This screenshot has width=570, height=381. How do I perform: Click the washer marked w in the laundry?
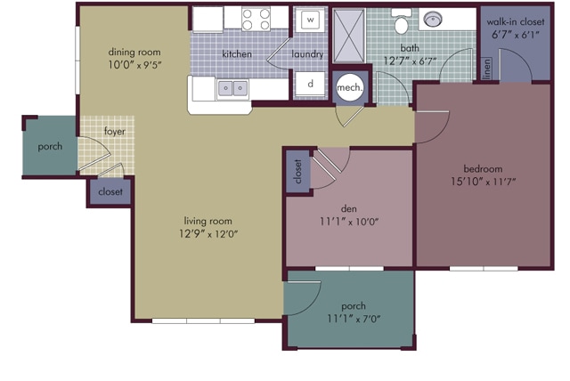tap(310, 20)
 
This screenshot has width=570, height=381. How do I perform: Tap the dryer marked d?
tap(310, 84)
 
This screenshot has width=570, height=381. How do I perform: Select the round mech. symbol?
tap(350, 87)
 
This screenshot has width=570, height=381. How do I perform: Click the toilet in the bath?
tap(401, 21)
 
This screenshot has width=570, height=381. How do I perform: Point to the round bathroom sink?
tap(433, 19)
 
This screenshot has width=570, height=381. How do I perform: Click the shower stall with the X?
tap(348, 36)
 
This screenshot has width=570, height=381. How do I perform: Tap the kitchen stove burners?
tap(256, 20)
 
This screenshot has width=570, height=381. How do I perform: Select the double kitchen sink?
tap(232, 88)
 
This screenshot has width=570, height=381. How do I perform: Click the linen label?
tap(487, 69)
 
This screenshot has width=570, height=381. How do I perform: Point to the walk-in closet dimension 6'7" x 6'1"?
tap(515, 35)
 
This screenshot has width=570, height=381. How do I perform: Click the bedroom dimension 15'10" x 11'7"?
tap(483, 182)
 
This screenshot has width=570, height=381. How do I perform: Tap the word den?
tap(348, 209)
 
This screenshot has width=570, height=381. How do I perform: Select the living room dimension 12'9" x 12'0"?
tap(208, 233)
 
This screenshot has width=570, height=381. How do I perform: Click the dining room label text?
tap(134, 53)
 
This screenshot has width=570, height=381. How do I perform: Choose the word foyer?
tap(115, 132)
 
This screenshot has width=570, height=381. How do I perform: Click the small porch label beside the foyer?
tap(50, 147)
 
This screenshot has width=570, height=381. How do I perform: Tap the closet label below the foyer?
tap(110, 191)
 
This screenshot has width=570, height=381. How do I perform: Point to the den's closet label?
tap(297, 172)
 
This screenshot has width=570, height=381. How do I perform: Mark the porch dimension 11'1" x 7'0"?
tap(354, 319)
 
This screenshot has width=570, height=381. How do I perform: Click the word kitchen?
tap(237, 54)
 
